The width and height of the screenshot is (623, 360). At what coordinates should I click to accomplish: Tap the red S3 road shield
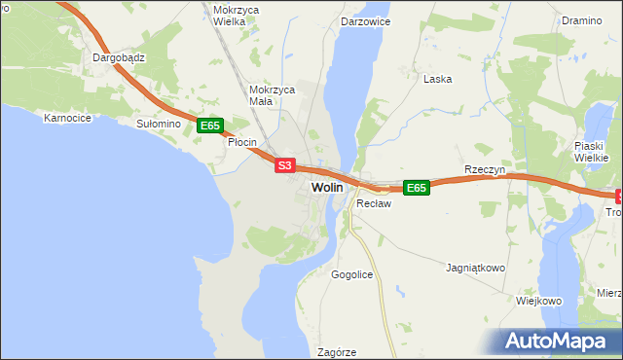[283, 166]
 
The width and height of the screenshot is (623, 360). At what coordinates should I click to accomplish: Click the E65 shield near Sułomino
[211, 126]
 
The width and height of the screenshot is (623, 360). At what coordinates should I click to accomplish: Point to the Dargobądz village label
[119, 57]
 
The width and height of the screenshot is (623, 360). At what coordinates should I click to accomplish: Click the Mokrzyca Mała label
[272, 94]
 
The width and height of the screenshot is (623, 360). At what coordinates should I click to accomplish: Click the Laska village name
[437, 79]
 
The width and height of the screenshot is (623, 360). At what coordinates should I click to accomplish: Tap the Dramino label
[582, 19]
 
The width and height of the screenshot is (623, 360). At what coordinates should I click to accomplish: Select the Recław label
[373, 204]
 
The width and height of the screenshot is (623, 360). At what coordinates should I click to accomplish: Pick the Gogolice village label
[351, 275]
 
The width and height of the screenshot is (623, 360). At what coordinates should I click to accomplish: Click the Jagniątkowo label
[475, 267]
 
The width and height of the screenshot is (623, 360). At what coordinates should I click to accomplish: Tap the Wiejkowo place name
[539, 301]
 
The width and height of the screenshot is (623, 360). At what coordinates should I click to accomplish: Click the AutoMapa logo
[559, 341]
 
